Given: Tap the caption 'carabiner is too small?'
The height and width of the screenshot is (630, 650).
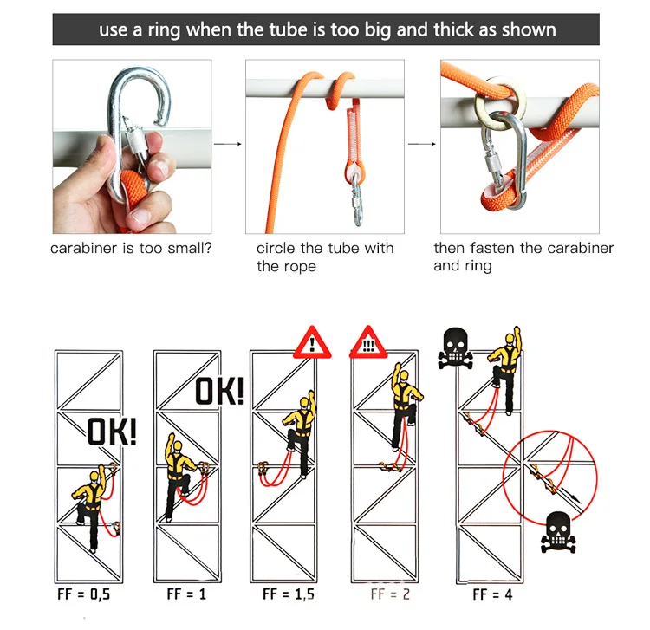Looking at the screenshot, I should [131, 249].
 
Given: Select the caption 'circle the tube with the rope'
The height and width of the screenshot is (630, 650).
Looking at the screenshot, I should [324, 257].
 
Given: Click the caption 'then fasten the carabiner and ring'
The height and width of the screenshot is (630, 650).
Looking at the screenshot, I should [523, 257].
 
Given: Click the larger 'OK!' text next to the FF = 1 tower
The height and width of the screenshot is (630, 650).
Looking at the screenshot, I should [218, 391].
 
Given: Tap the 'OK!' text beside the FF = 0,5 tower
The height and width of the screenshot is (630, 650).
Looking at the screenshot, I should [111, 432].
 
